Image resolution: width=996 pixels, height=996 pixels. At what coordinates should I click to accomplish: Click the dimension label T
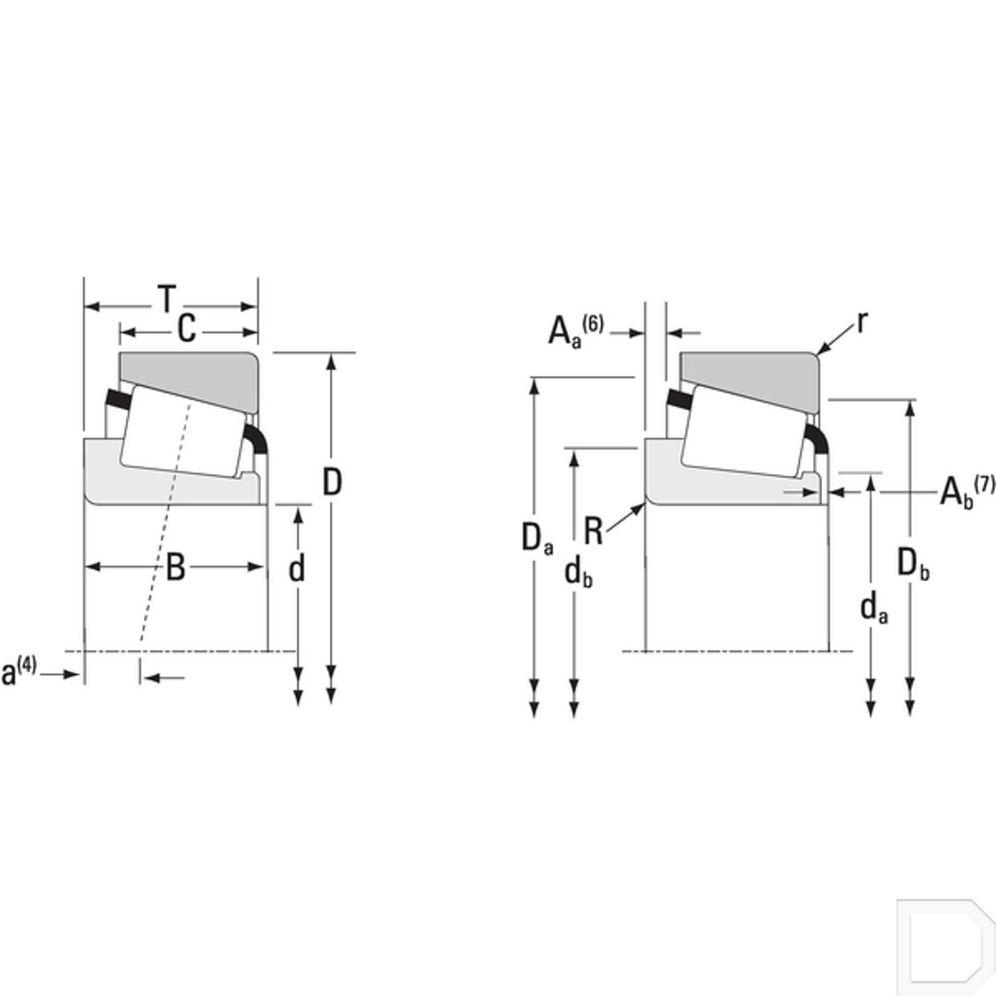167,299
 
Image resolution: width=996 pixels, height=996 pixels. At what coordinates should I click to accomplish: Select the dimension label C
187,329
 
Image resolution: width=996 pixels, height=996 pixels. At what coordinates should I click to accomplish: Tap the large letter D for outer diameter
332,482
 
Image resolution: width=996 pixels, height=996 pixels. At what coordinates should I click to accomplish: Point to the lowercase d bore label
297,568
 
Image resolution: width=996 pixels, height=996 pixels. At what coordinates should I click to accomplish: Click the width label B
175,568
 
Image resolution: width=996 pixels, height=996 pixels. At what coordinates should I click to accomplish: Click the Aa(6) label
575,330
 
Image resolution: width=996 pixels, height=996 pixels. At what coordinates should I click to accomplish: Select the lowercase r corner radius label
862,322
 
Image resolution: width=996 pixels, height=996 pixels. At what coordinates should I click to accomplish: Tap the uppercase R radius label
593,531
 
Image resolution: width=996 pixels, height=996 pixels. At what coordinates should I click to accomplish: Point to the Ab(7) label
967,491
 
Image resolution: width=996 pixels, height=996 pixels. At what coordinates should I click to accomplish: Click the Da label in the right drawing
537,539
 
